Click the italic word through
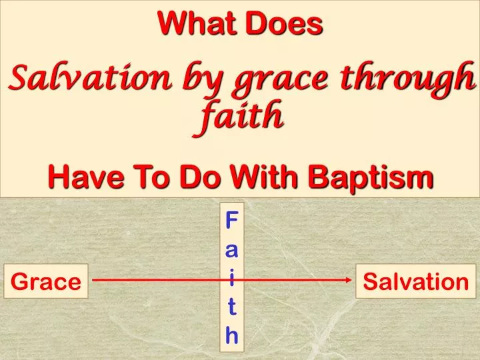click(409, 81)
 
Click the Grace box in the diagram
click(46, 281)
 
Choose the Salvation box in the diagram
click(416, 281)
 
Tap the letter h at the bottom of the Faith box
click(232, 335)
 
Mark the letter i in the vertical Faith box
click(232, 279)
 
